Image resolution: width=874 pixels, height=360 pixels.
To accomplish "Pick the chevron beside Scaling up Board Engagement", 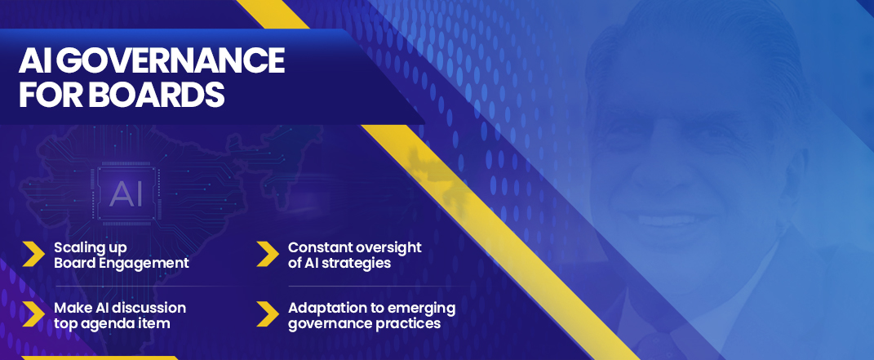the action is pyautogui.click(x=33, y=254).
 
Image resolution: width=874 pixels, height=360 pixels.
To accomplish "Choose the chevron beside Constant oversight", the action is pyautogui.click(x=268, y=254).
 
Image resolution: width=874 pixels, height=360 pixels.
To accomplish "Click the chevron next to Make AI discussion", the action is pyautogui.click(x=33, y=314).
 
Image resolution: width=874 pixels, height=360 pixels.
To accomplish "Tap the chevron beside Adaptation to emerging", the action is pyautogui.click(x=268, y=314).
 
